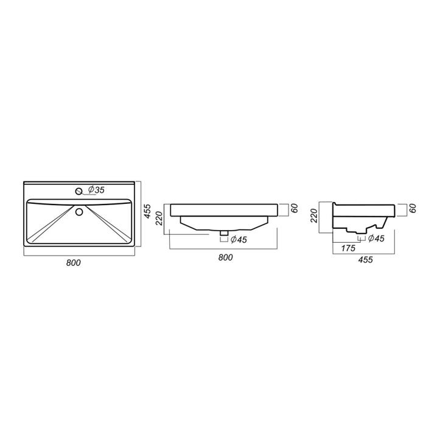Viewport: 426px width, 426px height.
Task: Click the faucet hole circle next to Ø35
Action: (x=79, y=191)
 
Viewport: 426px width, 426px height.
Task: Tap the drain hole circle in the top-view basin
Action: (x=79, y=212)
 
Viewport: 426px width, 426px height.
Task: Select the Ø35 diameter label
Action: (x=96, y=190)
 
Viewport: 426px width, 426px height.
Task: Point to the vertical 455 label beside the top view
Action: (x=147, y=211)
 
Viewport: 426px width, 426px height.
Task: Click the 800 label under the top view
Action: (x=74, y=263)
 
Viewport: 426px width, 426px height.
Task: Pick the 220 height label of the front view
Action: (x=159, y=218)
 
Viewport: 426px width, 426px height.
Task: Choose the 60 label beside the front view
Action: (x=295, y=208)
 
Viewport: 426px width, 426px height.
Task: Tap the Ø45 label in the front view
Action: (x=239, y=240)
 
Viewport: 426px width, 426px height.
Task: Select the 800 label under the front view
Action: (x=226, y=257)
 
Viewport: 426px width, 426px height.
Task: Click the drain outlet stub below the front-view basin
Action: (x=224, y=233)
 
